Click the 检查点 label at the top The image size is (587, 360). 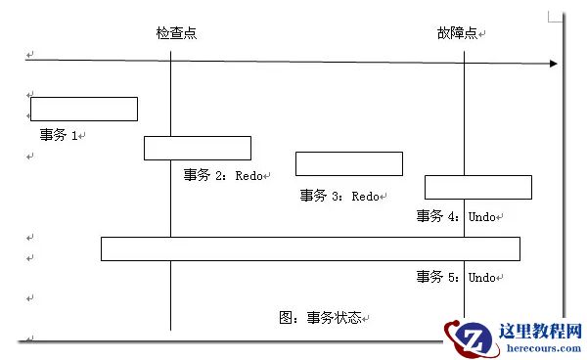coord(176,33)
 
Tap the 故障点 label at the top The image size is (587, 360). coord(458,33)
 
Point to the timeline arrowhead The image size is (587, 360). coord(554,64)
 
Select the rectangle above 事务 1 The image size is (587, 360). coord(84,109)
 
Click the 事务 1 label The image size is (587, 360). coord(59,135)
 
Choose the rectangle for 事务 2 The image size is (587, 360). coord(198,148)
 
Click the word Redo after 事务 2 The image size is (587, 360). coord(248,175)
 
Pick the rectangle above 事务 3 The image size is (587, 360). coord(349,163)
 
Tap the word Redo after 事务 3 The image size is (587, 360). coord(365,196)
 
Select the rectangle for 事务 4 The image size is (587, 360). coord(478,187)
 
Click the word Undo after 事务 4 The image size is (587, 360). coord(481,216)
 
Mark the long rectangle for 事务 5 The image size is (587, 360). coord(310,248)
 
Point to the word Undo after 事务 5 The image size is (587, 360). coord(481,277)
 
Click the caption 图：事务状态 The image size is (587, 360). coord(320,318)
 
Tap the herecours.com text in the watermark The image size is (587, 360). coord(544,348)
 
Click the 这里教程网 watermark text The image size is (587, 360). coord(540,332)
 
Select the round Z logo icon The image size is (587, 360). coord(472,338)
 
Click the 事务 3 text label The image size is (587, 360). coord(321,196)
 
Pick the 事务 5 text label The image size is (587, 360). coord(437,277)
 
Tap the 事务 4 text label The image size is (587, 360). coord(437,216)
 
